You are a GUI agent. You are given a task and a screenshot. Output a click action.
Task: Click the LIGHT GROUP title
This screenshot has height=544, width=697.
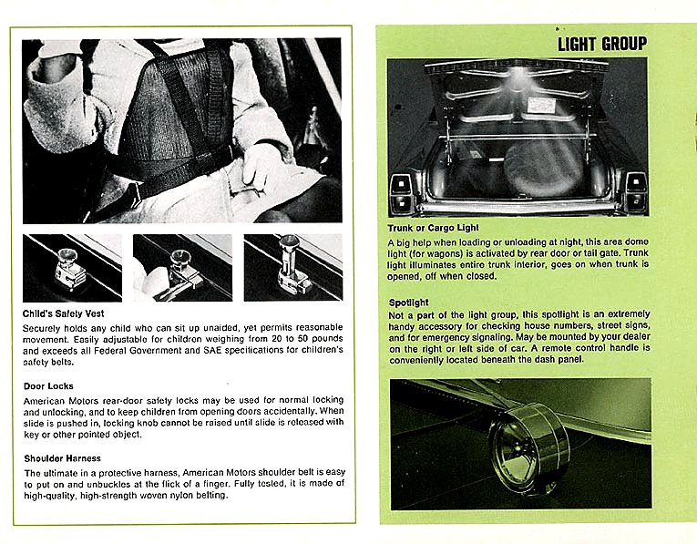click(x=602, y=44)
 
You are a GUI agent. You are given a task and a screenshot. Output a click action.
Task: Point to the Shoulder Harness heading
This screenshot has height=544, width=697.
click(x=62, y=457)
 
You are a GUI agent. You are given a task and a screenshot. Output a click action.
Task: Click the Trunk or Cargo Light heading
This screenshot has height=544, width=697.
click(x=433, y=226)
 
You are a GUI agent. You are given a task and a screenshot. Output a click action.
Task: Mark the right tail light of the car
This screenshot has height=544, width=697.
click(x=632, y=190)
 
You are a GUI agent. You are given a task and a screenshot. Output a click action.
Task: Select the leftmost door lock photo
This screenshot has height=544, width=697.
click(x=72, y=267)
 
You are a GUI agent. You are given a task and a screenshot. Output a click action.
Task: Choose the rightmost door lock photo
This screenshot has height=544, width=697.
click(x=292, y=267)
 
